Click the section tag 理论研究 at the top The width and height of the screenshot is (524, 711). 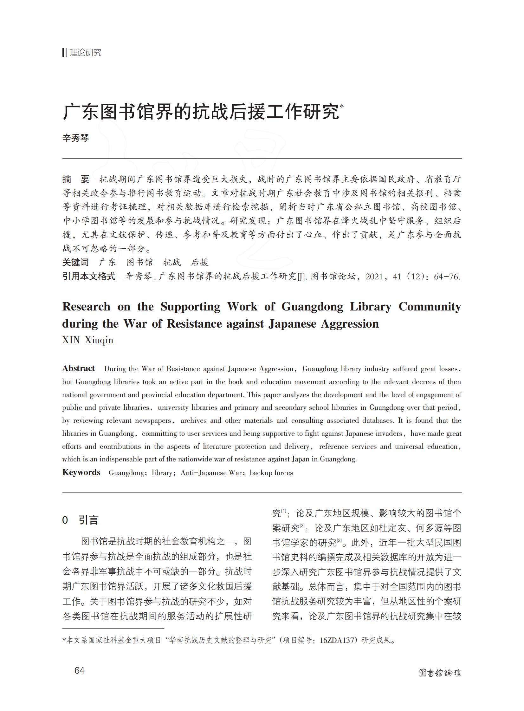click(x=85, y=53)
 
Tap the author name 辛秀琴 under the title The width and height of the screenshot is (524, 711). click(x=75, y=138)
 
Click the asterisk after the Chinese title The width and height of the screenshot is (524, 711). click(x=342, y=106)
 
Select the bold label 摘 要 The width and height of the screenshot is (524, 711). click(x=76, y=179)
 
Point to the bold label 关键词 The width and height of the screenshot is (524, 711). click(x=75, y=262)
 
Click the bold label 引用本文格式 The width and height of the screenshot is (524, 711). click(x=89, y=276)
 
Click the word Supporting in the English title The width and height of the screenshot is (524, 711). click(x=190, y=306)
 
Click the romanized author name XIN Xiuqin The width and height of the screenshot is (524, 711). click(x=87, y=340)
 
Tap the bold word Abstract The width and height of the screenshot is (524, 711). click(x=78, y=369)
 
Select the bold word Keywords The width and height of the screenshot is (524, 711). click(x=81, y=473)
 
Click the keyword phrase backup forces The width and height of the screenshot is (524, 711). click(x=271, y=473)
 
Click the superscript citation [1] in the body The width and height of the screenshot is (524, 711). click(x=284, y=511)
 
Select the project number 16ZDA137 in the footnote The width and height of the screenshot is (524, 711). click(x=337, y=640)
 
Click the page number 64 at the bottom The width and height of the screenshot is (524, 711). click(x=79, y=670)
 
